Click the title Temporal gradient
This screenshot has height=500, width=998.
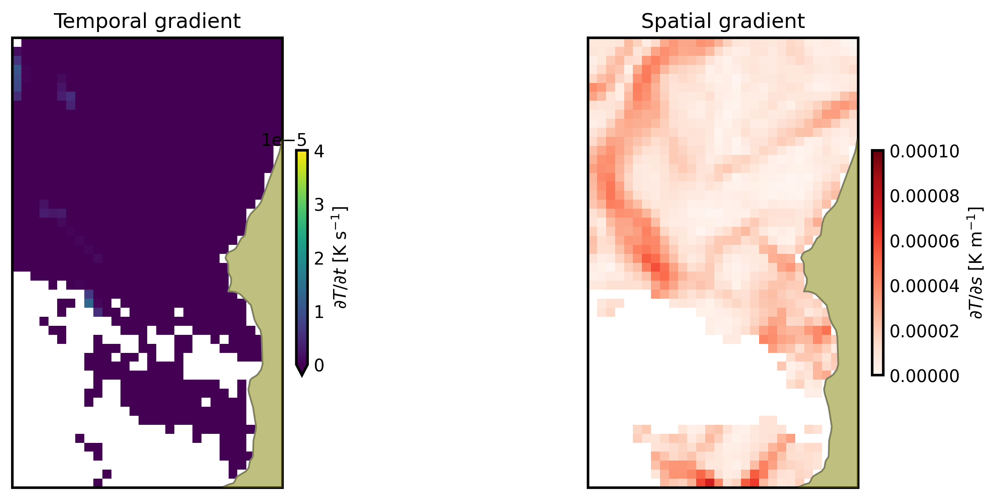(147, 21)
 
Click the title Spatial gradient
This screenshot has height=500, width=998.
(722, 21)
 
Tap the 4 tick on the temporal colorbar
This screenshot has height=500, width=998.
(319, 152)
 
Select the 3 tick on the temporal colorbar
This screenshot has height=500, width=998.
(319, 205)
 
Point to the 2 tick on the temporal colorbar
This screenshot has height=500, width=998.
(319, 259)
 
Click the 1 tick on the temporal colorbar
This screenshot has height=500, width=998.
(319, 312)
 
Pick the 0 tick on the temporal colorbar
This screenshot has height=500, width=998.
(319, 366)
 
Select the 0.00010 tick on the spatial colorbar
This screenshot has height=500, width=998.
(924, 152)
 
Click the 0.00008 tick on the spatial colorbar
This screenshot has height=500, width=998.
(924, 196)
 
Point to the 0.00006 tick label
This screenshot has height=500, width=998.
(924, 241)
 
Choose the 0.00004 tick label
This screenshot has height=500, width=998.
(924, 286)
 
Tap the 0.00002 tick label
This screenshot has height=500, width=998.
(924, 331)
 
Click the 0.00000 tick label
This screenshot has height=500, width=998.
(924, 376)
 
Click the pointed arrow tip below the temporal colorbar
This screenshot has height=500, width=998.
(302, 372)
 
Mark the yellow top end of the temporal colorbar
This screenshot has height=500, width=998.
(302, 154)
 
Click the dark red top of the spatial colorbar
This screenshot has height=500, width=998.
(878, 154)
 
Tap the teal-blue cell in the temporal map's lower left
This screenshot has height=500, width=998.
(88, 303)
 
